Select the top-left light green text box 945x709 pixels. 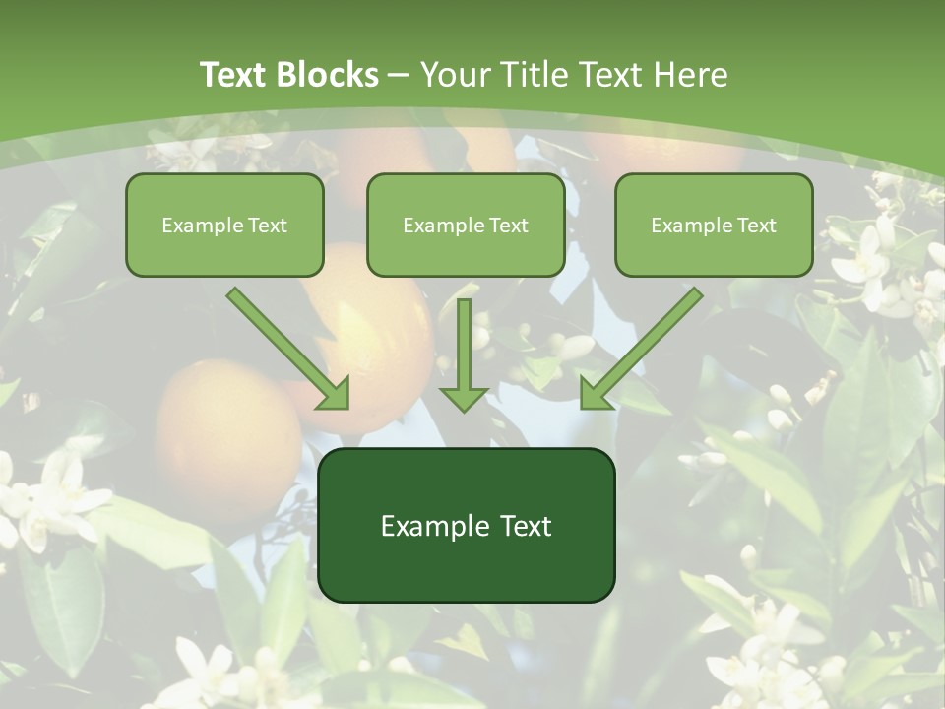[224, 225]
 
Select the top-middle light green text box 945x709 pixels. [466, 225]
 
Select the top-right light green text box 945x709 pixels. [714, 225]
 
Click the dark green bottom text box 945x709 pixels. [466, 525]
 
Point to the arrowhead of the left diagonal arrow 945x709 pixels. [335, 394]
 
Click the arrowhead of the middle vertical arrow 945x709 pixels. [464, 399]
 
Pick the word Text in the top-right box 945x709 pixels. [756, 226]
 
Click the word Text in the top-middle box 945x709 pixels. [508, 226]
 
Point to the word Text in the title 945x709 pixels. [235, 75]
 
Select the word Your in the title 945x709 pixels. [455, 75]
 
